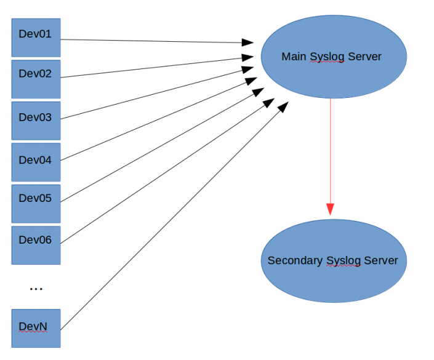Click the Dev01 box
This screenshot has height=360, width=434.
coord(36,36)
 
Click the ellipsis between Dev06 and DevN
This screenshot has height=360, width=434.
coord(36,288)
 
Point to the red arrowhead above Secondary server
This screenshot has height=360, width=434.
coord(331,209)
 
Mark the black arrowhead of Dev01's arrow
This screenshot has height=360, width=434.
coord(248,42)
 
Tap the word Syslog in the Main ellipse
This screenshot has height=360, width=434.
coord(327,57)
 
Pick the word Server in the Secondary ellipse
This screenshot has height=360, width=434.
coord(380,260)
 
